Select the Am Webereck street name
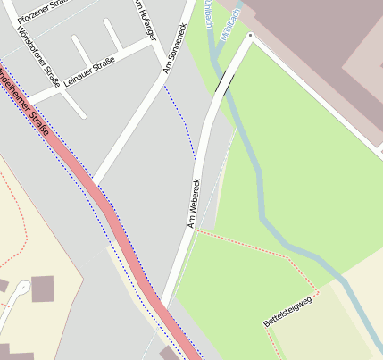pyautogui.click(x=193, y=203)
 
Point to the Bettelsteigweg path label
pyautogui.click(x=288, y=310)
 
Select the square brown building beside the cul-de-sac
pyautogui.click(x=42, y=288)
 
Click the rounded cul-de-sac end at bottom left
pyautogui.click(x=21, y=289)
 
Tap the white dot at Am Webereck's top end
pyautogui.click(x=251, y=37)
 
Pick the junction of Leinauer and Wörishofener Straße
pyautogui.click(x=62, y=89)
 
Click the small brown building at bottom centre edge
pyautogui.click(x=169, y=355)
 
